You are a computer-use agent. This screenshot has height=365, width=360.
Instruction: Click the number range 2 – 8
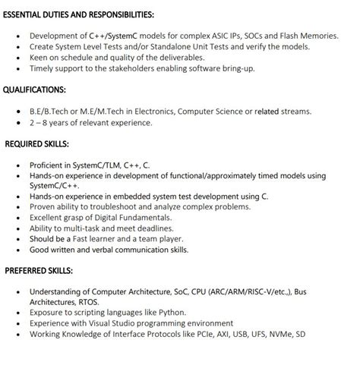pyautogui.click(x=40, y=122)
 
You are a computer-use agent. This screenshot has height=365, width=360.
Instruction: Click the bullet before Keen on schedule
pyautogui.click(x=18, y=58)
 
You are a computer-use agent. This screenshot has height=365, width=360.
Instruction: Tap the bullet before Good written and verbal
pyautogui.click(x=18, y=250)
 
